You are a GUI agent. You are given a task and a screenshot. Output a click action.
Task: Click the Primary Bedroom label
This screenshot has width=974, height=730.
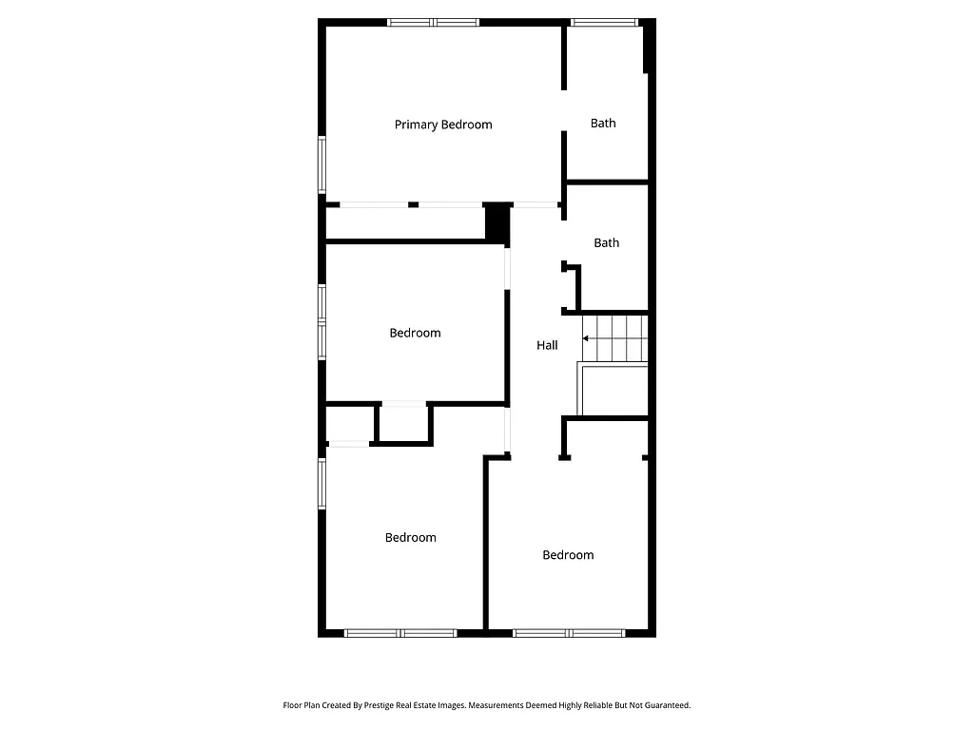[443, 125]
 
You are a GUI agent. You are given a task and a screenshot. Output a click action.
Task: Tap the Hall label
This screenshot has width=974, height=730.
[547, 346]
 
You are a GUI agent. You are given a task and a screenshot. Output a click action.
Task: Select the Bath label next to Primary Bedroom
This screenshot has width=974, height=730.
[603, 123]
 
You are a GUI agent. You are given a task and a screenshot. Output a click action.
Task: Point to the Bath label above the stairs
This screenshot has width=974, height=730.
[607, 242]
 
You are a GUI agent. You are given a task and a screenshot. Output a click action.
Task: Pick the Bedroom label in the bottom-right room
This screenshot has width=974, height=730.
[568, 555]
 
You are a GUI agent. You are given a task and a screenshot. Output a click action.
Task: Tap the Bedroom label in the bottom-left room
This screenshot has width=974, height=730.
[411, 538]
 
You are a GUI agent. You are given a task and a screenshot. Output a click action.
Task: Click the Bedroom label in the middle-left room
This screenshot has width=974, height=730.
[415, 333]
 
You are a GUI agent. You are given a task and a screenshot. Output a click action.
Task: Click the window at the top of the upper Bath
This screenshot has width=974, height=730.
[604, 22]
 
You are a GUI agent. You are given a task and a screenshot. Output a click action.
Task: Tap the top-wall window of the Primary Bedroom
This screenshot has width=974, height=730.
[433, 22]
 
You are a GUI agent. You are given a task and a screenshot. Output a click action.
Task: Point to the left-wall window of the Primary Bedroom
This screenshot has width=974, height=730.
[321, 164]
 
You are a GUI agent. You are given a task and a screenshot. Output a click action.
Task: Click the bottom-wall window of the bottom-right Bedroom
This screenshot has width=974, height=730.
[569, 632]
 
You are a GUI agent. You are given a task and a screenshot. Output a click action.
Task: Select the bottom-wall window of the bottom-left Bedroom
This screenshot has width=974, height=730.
[400, 632]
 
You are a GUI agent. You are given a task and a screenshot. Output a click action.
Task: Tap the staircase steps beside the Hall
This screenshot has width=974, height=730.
[614, 337]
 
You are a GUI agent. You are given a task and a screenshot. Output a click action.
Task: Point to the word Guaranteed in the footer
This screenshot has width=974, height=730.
[662, 705]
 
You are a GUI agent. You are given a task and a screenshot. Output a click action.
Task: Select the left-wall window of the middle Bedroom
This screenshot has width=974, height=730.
[321, 321]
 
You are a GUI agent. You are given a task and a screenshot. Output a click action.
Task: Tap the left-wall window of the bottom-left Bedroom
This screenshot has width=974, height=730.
[321, 484]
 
